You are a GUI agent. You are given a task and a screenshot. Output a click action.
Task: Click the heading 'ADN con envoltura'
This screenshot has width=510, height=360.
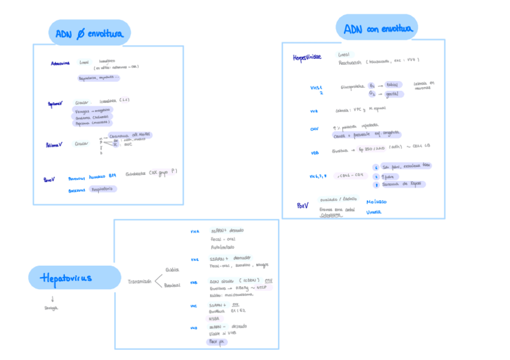(x=378, y=28)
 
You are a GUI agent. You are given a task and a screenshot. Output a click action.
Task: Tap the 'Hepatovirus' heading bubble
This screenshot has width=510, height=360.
(x=67, y=278)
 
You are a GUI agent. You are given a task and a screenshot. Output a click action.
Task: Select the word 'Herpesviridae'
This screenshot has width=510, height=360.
(x=307, y=58)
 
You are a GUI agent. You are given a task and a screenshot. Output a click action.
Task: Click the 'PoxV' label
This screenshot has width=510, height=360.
(x=303, y=205)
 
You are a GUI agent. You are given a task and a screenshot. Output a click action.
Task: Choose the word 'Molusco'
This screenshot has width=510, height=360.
(x=377, y=202)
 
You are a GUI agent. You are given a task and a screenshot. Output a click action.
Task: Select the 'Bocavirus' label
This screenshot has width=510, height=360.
(x=77, y=189)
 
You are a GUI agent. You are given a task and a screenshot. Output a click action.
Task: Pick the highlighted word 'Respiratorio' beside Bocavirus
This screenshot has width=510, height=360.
(x=102, y=189)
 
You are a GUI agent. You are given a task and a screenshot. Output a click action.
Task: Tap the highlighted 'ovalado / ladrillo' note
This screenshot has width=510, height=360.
(x=339, y=199)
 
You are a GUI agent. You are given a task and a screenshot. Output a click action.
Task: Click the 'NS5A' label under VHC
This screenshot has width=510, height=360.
(x=214, y=319)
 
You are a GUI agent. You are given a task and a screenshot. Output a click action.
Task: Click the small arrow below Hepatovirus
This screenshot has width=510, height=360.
(x=52, y=299)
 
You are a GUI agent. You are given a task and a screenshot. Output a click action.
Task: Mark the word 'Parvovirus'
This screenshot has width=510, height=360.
(x=77, y=178)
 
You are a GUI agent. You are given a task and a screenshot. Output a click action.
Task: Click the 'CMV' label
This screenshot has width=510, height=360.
(x=314, y=129)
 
